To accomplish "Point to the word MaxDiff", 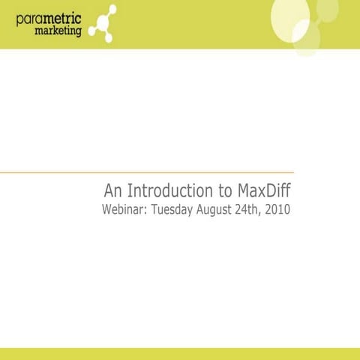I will click(x=262, y=188).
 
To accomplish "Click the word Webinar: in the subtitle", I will click(x=124, y=208).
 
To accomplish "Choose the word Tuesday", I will click(x=172, y=208).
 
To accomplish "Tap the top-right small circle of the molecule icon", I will click(x=112, y=9).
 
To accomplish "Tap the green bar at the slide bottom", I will click(x=180, y=353).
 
